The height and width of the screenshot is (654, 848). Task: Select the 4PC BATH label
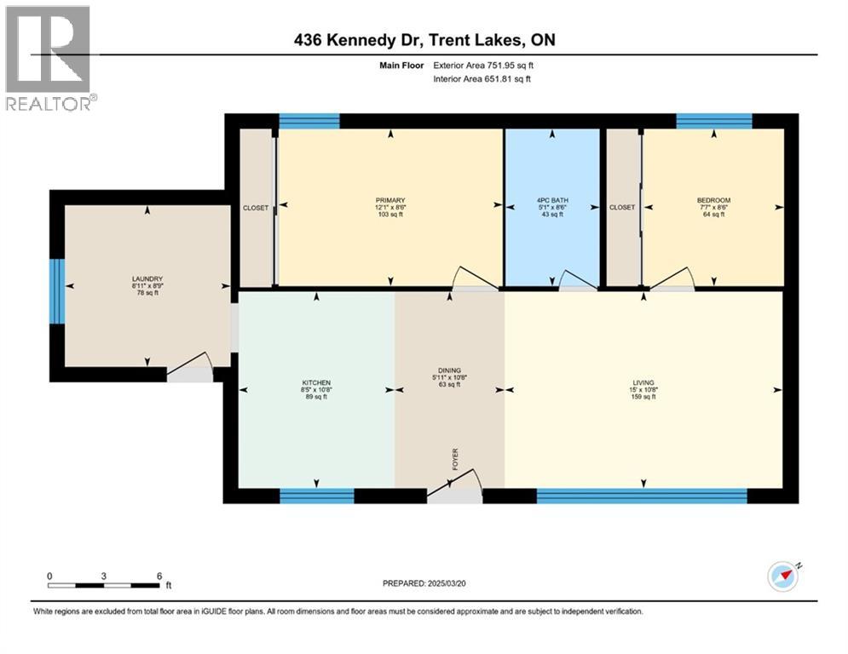(x=552, y=200)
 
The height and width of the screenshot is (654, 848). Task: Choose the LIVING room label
(x=643, y=383)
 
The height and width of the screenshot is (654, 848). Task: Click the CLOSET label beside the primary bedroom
(x=255, y=207)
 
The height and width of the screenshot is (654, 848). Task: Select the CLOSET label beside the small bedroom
(x=622, y=207)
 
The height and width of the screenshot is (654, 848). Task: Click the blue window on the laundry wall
(x=56, y=291)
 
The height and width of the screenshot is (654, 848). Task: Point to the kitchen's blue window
(x=316, y=495)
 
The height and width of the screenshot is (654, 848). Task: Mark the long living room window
(x=641, y=495)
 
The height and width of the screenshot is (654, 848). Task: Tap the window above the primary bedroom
(x=309, y=121)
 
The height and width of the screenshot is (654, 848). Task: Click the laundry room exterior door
(x=188, y=373)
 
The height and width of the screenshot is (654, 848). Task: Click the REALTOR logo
(x=49, y=58)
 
